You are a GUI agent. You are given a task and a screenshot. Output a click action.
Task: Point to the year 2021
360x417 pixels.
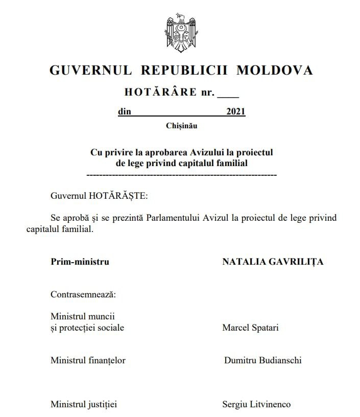pos(236,111)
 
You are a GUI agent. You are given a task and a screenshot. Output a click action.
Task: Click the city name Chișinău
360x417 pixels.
pos(181,126)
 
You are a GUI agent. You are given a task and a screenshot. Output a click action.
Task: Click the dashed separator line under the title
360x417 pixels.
pos(182,175)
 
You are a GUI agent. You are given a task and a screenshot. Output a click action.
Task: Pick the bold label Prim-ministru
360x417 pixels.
pos(80,262)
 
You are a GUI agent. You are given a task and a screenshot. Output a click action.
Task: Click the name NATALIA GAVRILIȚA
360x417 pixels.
pos(273,262)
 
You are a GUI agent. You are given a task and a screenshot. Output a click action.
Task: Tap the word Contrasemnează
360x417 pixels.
pos(83,294)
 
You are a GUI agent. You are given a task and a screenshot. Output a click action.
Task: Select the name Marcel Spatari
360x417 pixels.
pos(250,328)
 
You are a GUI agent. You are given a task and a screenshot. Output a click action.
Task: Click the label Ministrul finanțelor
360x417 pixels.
pos(88,360)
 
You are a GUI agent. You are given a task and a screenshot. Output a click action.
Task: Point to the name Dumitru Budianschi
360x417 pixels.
pos(262,360)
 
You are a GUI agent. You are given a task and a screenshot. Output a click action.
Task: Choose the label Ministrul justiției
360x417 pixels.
pos(84,404)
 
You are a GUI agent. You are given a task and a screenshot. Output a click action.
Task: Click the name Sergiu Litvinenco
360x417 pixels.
pos(256,404)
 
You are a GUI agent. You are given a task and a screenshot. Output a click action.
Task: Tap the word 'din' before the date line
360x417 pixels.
pos(124,111)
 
